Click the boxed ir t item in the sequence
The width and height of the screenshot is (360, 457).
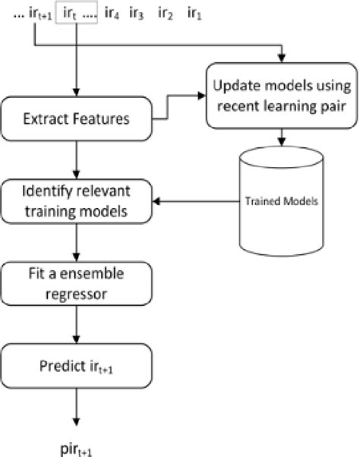tap(76, 13)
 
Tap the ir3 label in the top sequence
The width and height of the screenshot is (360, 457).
tap(138, 13)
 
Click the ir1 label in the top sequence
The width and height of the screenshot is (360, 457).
tap(194, 13)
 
